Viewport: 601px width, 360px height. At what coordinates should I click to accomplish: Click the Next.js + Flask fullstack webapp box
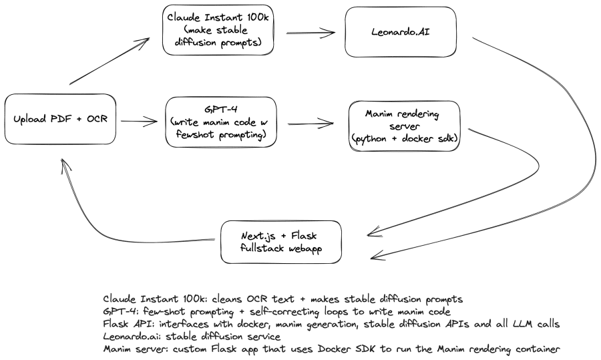tap(281, 242)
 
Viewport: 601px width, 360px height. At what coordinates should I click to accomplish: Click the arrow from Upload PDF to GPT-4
tap(138, 122)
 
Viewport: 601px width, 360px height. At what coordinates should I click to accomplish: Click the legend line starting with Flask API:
tap(331, 324)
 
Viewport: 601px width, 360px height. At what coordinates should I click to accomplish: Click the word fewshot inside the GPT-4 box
tap(192, 135)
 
